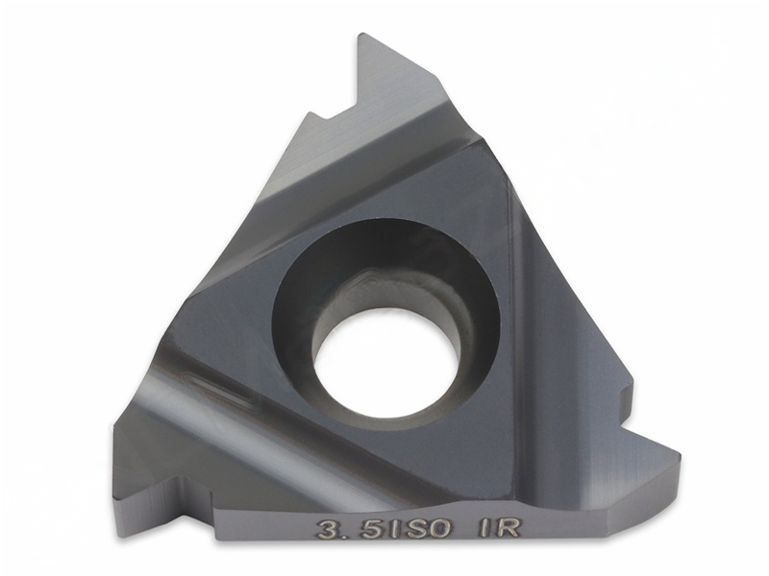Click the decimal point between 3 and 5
(346, 536)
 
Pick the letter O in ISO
(437, 530)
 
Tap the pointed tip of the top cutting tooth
(361, 34)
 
